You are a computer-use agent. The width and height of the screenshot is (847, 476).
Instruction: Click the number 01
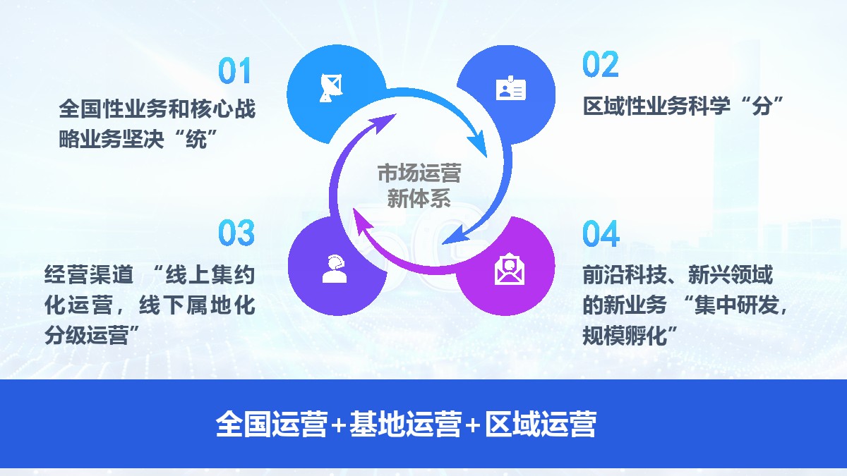(235, 71)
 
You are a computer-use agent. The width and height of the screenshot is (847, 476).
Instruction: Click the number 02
(601, 64)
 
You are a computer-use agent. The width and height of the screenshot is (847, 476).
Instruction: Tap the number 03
(236, 232)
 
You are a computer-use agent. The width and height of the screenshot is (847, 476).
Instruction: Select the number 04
(601, 233)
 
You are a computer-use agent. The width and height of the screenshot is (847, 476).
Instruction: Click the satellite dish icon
(331, 88)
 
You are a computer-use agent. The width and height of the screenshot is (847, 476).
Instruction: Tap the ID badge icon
(511, 88)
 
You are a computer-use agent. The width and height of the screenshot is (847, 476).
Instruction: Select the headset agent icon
(335, 269)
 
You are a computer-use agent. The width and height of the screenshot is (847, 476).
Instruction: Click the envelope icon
(510, 269)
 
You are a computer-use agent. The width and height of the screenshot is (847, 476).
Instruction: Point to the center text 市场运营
(419, 173)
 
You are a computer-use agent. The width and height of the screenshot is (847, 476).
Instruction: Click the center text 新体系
(419, 198)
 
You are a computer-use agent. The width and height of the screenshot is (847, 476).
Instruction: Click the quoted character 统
(196, 139)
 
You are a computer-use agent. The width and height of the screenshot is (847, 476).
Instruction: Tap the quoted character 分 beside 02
(762, 106)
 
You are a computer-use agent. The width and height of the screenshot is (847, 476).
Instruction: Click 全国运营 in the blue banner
(272, 424)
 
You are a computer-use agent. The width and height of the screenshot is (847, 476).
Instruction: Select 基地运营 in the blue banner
(406, 424)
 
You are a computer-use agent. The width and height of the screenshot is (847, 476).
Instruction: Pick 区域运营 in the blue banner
(541, 424)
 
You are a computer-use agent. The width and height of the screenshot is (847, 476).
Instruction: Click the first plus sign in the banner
(338, 425)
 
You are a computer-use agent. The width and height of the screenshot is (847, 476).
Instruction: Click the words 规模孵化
(625, 335)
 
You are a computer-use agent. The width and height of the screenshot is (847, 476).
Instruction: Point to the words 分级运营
(87, 335)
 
